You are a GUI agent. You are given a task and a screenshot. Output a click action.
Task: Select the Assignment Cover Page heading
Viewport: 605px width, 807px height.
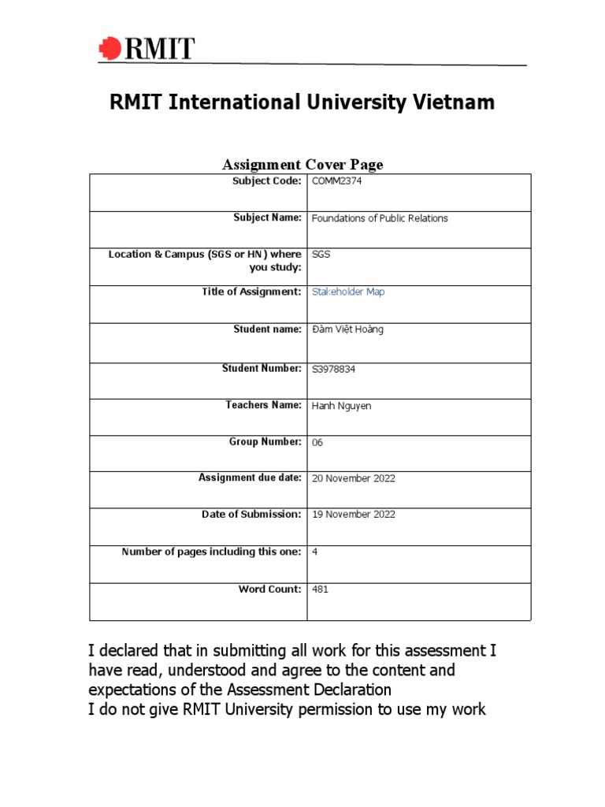pyautogui.click(x=302, y=165)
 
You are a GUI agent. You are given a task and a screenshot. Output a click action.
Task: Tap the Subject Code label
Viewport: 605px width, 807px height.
pyautogui.click(x=266, y=181)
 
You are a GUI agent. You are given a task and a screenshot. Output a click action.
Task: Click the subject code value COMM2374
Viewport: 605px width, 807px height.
pyautogui.click(x=337, y=181)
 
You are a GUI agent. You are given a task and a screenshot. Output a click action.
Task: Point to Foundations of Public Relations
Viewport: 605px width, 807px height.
pyautogui.click(x=380, y=218)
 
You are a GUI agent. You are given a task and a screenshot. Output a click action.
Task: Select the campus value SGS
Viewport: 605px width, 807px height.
pyautogui.click(x=321, y=255)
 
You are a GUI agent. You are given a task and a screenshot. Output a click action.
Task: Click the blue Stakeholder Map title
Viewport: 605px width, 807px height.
pyautogui.click(x=348, y=292)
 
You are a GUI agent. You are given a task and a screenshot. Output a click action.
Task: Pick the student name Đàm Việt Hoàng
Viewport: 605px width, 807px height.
pyautogui.click(x=347, y=329)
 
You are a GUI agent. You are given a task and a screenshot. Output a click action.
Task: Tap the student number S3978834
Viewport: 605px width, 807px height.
pyautogui.click(x=340, y=369)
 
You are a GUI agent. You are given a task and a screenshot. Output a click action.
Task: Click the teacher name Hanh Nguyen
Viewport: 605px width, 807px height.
pyautogui.click(x=341, y=406)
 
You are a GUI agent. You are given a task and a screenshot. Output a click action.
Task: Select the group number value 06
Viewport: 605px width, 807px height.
pyautogui.click(x=317, y=443)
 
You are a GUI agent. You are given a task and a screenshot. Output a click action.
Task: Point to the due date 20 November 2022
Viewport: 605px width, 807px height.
pyautogui.click(x=354, y=478)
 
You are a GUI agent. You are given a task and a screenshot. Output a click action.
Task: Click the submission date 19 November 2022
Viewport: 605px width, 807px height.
pyautogui.click(x=354, y=515)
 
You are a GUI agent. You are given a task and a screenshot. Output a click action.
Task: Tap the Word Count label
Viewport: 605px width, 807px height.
pyautogui.click(x=270, y=589)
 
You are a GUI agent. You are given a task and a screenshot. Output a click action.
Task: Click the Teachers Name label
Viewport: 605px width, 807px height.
pyautogui.click(x=263, y=405)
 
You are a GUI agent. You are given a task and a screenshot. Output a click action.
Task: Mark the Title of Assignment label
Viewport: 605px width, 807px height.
pyautogui.click(x=251, y=292)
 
